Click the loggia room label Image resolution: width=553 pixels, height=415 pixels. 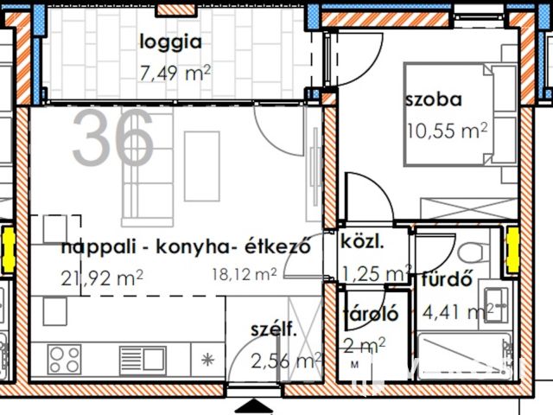(170, 41)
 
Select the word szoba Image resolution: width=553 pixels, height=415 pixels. (433, 99)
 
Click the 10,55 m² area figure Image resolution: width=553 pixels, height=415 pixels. (447, 131)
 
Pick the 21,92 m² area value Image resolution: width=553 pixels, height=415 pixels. (102, 278)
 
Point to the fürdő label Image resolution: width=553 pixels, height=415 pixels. (445, 281)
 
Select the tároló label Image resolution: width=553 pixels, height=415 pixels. (370, 315)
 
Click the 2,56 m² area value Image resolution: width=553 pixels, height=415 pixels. (285, 360)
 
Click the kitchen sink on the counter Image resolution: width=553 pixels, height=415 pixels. (143, 357)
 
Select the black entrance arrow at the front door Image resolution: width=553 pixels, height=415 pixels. (252, 405)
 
